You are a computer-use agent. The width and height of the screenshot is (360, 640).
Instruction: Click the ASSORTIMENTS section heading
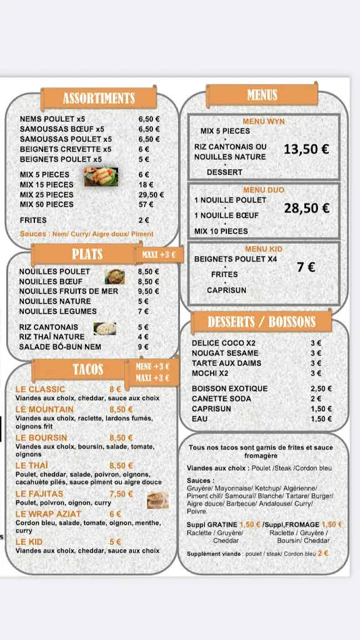click(98, 98)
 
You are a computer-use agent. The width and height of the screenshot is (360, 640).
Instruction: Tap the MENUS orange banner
click(262, 96)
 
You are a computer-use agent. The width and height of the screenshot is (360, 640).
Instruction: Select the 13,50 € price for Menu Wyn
click(306, 149)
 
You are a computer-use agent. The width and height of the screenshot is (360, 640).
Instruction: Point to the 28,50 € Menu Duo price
click(306, 209)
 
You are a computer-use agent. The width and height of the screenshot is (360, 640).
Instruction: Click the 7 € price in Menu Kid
click(306, 267)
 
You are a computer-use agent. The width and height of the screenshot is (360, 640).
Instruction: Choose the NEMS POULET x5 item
click(52, 119)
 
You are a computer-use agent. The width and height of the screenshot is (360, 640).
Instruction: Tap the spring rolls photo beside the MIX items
click(101, 177)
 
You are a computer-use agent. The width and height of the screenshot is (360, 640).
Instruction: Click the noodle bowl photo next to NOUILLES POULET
click(114, 276)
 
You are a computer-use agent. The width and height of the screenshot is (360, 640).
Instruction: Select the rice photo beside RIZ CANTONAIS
click(104, 328)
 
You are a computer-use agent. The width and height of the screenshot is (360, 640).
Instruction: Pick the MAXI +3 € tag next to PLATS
click(159, 254)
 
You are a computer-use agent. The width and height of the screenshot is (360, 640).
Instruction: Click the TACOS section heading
click(87, 369)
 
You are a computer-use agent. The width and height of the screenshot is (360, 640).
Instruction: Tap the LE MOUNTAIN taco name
click(44, 410)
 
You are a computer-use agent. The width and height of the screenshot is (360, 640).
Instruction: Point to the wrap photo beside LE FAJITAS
click(157, 500)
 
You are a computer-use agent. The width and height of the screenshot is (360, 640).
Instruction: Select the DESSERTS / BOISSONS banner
click(261, 322)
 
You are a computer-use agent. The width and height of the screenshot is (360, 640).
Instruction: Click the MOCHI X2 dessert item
click(209, 374)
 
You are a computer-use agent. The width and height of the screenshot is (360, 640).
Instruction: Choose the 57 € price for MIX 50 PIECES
click(146, 204)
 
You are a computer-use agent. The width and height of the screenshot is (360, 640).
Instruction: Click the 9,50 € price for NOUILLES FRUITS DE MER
click(148, 291)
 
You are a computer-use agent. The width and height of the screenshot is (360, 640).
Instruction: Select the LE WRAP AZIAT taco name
click(48, 514)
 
